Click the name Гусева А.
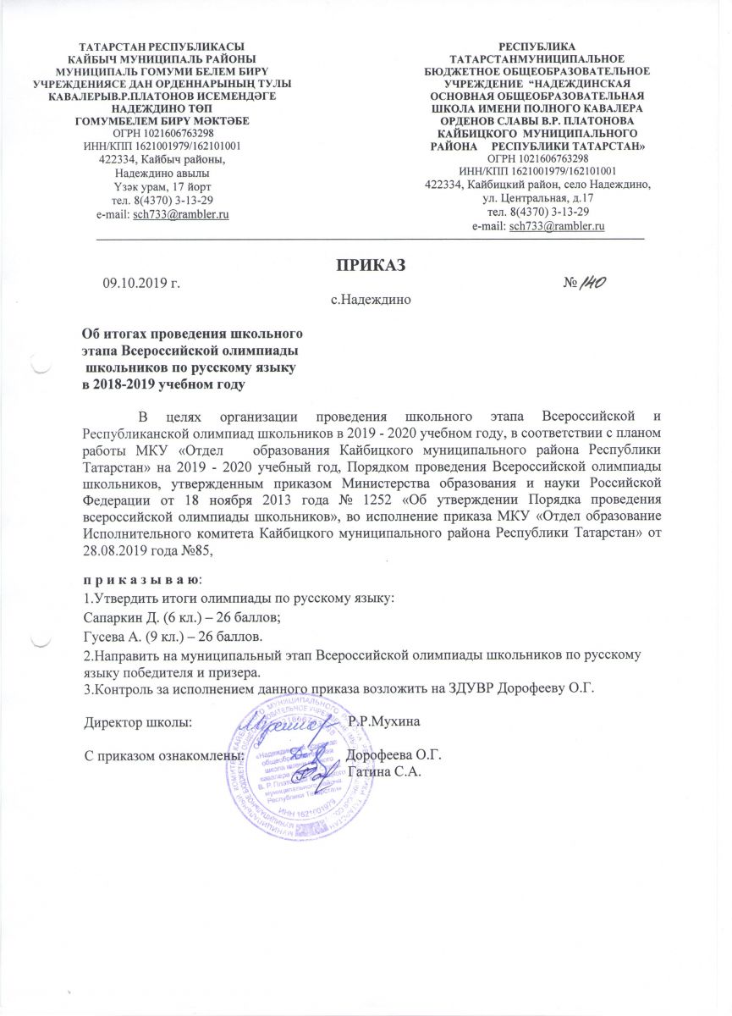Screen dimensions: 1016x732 click(117, 636)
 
